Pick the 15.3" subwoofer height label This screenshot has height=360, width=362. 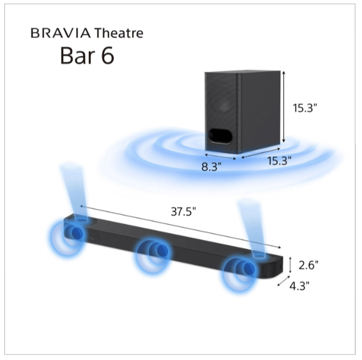click(306, 108)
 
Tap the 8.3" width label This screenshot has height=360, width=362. click(211, 167)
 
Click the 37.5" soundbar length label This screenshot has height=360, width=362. click(183, 212)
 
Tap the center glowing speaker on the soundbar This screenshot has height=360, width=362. click(155, 252)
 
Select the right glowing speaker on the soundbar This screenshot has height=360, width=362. click(241, 270)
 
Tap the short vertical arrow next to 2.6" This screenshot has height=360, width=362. click(290, 264)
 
